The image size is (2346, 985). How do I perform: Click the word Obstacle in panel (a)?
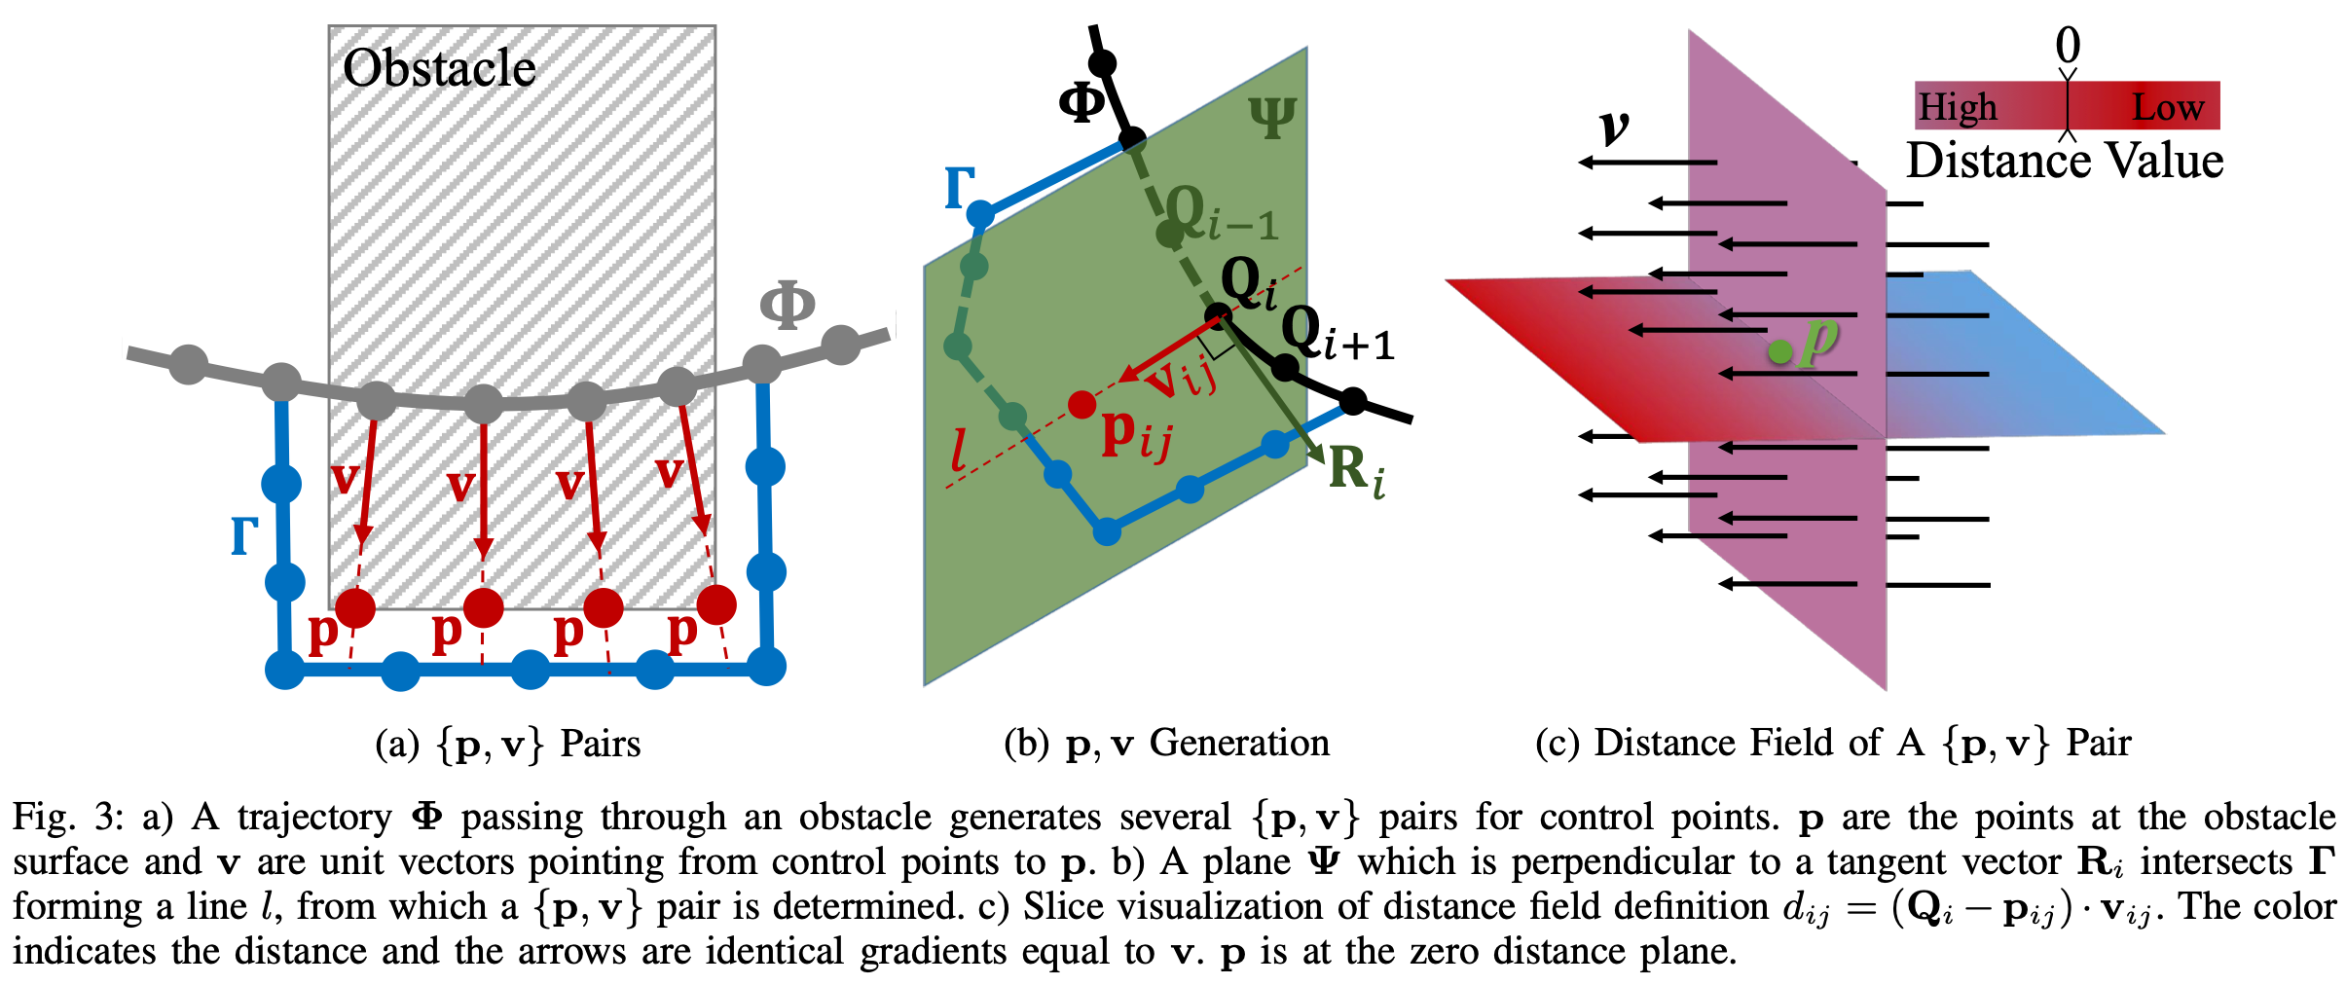439,68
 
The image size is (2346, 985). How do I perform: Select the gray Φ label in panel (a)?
787,305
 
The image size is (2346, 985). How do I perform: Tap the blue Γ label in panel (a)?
244,535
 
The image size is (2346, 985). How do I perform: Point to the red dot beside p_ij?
1081,404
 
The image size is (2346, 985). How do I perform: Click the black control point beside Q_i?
1217,314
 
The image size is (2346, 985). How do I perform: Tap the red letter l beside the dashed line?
960,450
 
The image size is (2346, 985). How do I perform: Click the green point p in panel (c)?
1779,352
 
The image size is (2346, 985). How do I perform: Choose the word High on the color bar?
1958,106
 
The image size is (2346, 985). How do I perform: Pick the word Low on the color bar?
2168,106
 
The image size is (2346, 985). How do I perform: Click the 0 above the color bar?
2068,45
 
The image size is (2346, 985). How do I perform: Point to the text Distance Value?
2065,161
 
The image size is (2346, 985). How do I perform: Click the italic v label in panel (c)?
1614,127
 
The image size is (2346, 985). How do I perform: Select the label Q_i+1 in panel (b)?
1338,334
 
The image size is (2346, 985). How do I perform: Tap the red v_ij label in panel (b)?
1180,378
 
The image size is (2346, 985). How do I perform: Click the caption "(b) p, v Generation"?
1166,743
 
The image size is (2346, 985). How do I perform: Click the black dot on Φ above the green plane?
1102,64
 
